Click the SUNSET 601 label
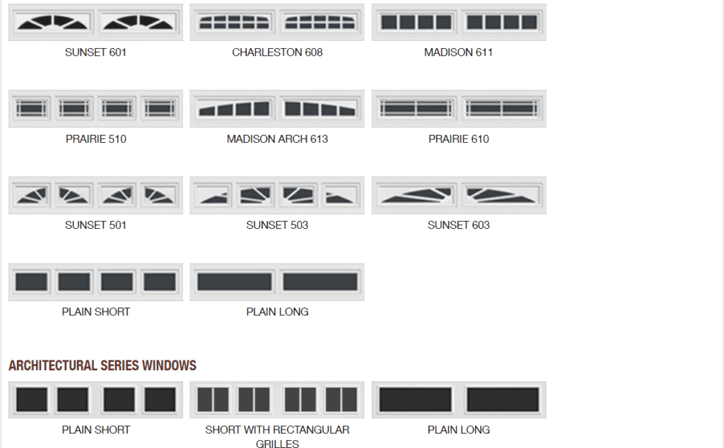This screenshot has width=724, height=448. point(95,52)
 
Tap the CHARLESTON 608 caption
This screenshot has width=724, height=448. point(277,52)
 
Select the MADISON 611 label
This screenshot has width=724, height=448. point(458,52)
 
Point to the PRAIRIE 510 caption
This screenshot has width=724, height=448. point(95,139)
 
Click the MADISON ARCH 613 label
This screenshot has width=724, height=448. point(277,139)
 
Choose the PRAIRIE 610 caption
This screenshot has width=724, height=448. point(458,139)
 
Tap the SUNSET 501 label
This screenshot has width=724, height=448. point(95,225)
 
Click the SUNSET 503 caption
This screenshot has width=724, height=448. point(277,225)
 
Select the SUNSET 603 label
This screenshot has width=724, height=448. point(458,225)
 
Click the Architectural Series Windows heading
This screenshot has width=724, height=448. point(103,365)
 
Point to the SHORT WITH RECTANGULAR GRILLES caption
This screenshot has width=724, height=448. point(277,437)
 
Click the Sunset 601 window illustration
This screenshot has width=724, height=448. point(95,22)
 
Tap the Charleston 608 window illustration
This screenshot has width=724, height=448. point(277,22)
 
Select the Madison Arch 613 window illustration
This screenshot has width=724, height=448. point(277,108)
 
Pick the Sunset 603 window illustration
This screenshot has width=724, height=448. point(459,195)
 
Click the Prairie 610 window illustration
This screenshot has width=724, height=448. point(459,108)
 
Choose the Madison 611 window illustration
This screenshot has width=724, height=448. point(459,22)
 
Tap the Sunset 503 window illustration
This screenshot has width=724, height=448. point(277,195)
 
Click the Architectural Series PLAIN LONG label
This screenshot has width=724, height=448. point(458,430)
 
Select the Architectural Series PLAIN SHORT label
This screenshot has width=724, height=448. point(95,430)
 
